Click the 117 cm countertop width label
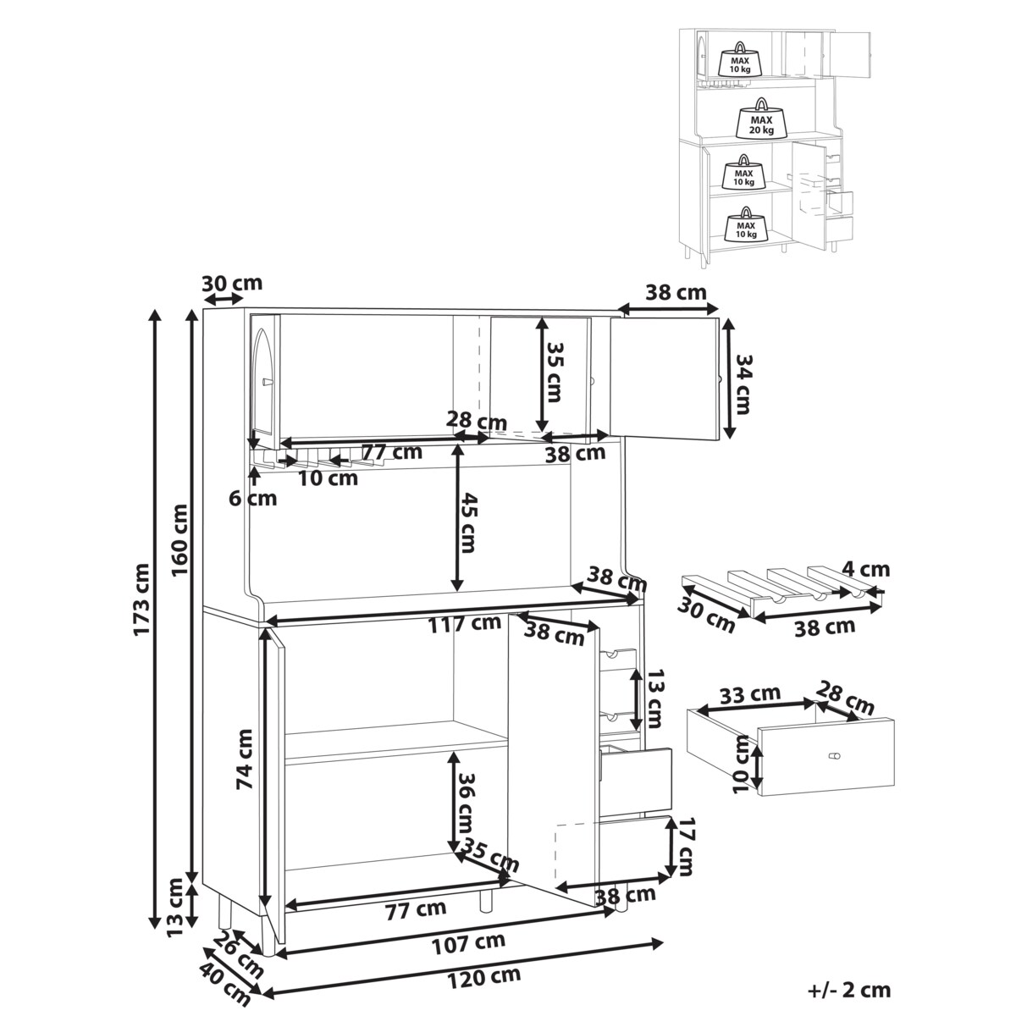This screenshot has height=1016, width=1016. pos(464,624)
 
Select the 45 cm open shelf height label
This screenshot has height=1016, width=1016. pos(467,522)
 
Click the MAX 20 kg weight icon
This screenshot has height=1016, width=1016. pos(762,119)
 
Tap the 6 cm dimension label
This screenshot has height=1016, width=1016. pos(253,498)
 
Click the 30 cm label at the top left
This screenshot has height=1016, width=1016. pos(232,283)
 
